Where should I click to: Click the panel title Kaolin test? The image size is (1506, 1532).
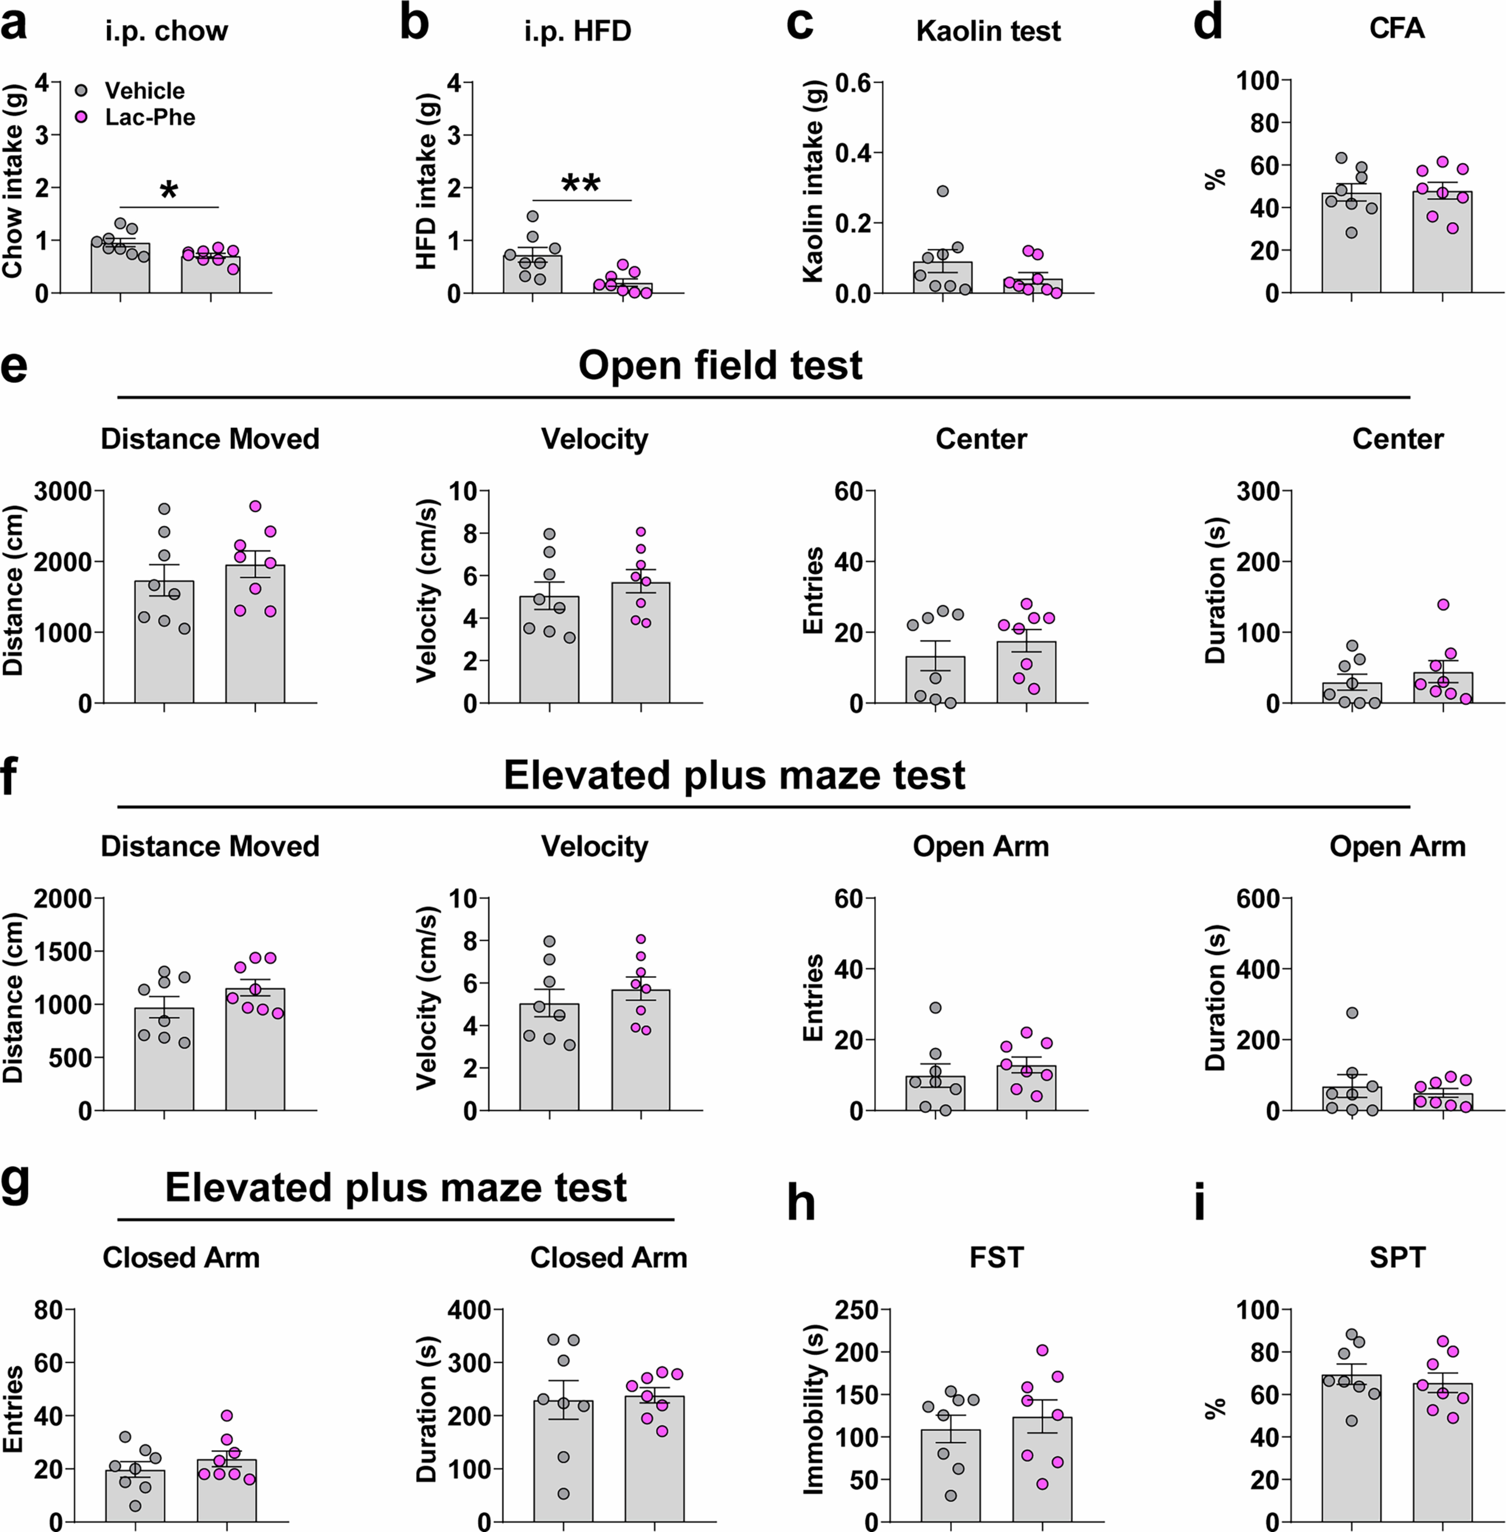[988, 31]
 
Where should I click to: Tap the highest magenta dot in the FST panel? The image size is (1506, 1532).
[1042, 1350]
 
